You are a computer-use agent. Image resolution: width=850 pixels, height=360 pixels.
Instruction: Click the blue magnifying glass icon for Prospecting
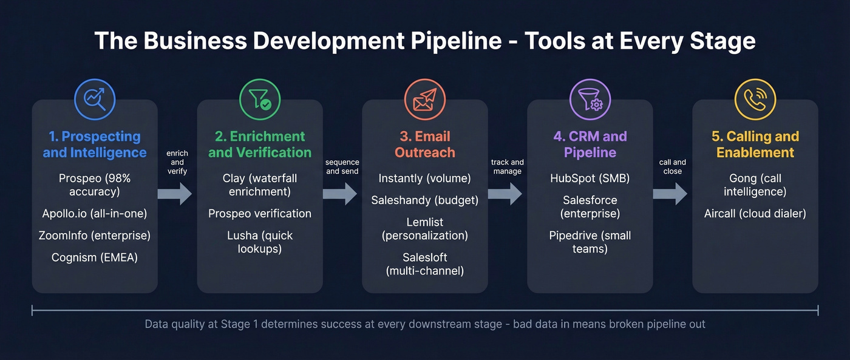pyautogui.click(x=95, y=100)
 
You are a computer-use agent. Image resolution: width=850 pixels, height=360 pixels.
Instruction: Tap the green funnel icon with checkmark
pyautogui.click(x=260, y=100)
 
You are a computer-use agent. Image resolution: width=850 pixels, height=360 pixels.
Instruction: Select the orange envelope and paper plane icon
pyautogui.click(x=425, y=100)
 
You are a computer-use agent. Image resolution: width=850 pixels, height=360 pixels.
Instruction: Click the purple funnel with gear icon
pyautogui.click(x=590, y=100)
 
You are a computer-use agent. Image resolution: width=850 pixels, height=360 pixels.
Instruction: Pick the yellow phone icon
pyautogui.click(x=755, y=100)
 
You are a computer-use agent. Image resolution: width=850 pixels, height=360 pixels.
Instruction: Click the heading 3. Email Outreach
pyautogui.click(x=425, y=144)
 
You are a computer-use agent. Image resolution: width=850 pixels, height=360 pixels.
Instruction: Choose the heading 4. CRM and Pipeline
pyautogui.click(x=590, y=144)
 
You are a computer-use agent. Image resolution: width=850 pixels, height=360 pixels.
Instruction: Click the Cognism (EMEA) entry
pyautogui.click(x=95, y=257)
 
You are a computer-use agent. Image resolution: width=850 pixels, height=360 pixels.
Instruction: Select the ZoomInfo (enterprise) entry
pyautogui.click(x=95, y=236)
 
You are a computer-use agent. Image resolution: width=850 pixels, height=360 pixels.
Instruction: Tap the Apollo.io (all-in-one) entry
pyautogui.click(x=95, y=214)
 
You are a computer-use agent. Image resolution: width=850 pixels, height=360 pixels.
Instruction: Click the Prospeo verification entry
pyautogui.click(x=260, y=214)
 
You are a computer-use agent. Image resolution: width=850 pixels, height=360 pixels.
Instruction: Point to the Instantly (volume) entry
pyautogui.click(x=425, y=178)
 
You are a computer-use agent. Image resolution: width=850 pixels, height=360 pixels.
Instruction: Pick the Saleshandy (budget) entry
pyautogui.click(x=425, y=200)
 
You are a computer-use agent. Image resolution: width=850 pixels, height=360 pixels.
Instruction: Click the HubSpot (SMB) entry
pyautogui.click(x=590, y=178)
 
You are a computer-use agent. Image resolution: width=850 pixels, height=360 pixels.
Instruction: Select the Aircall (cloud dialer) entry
pyautogui.click(x=755, y=214)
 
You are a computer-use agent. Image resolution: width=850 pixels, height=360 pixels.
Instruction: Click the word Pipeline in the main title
pyautogui.click(x=461, y=41)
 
